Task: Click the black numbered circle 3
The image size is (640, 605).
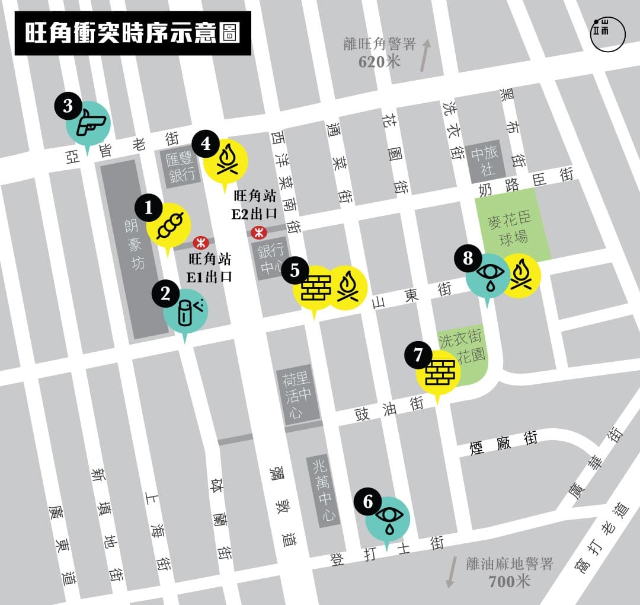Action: [x=68, y=107]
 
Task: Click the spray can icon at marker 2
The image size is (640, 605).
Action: [x=187, y=311]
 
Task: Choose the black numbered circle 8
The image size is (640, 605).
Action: [x=468, y=258]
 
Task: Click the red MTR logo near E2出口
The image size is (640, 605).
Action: [x=258, y=232]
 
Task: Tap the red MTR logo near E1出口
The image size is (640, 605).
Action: [x=200, y=242]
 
